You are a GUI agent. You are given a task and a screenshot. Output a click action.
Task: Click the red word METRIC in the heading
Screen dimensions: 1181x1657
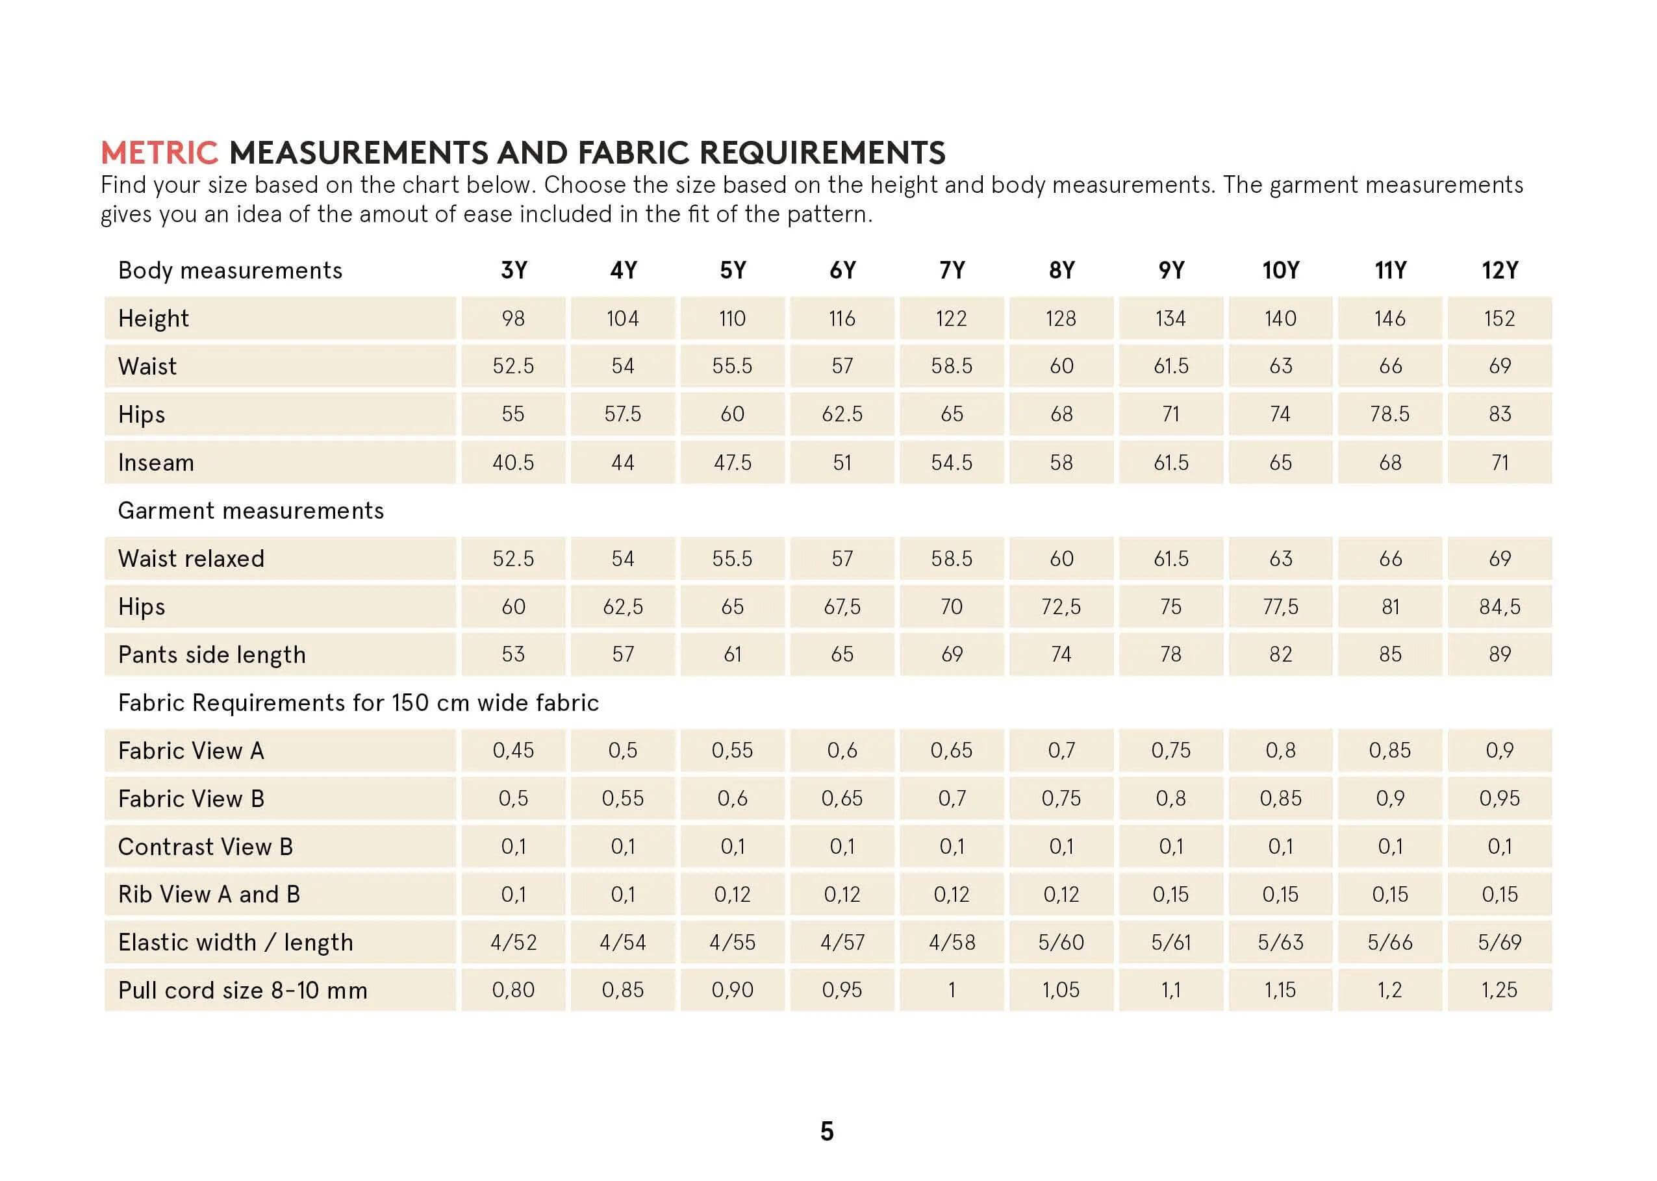pyautogui.click(x=158, y=153)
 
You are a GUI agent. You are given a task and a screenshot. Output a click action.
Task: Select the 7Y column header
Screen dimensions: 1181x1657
pyautogui.click(x=952, y=271)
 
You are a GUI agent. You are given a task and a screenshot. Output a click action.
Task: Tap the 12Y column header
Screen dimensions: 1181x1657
pyautogui.click(x=1499, y=271)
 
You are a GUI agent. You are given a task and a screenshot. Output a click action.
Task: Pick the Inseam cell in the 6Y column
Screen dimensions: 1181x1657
pyautogui.click(x=842, y=462)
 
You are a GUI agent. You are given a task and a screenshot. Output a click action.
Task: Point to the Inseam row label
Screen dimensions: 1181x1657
pyautogui.click(x=156, y=462)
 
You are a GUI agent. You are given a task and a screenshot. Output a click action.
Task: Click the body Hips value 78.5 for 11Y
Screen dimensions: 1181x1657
pyautogui.click(x=1389, y=414)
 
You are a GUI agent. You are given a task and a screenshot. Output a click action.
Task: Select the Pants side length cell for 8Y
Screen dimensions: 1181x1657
pyautogui.click(x=1061, y=654)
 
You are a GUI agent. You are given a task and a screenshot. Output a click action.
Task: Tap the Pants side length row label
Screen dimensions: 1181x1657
pyautogui.click(x=211, y=654)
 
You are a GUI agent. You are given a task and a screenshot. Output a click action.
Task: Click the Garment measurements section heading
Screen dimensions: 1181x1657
pyautogui.click(x=250, y=510)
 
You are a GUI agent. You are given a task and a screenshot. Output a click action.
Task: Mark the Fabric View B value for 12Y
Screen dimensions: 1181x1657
pyautogui.click(x=1499, y=799)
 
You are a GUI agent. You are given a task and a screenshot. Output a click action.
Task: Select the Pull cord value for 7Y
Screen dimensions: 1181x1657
pyautogui.click(x=952, y=989)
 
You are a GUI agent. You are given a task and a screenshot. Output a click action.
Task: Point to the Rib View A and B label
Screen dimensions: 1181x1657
pyautogui.click(x=209, y=895)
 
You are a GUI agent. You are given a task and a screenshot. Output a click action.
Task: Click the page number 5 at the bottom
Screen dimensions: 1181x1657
pyautogui.click(x=827, y=1132)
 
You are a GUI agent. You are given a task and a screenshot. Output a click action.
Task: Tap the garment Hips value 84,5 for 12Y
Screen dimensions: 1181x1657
pyautogui.click(x=1499, y=606)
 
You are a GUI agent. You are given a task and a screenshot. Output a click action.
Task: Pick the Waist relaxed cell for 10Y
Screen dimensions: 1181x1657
pyautogui.click(x=1280, y=558)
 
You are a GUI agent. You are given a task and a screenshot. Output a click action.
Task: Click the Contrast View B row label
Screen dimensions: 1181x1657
pyautogui.click(x=205, y=847)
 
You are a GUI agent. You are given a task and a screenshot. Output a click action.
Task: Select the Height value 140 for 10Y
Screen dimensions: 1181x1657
pyautogui.click(x=1280, y=319)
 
